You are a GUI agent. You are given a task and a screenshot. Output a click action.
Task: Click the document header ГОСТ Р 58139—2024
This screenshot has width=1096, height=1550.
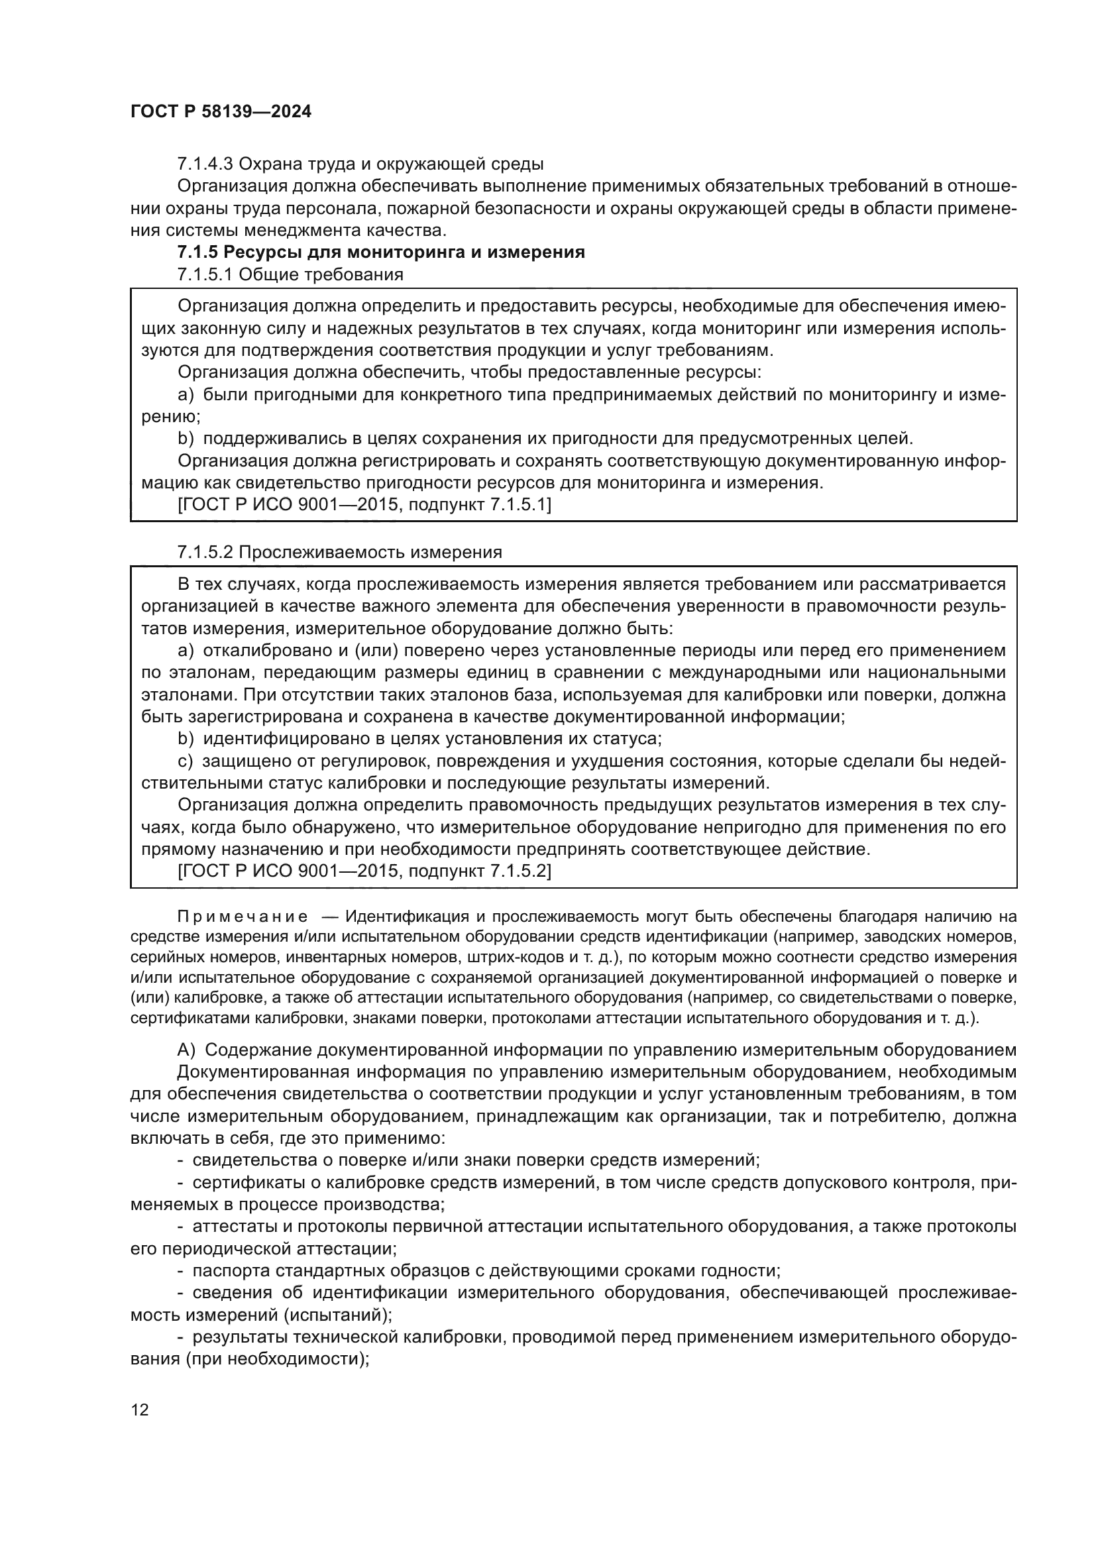[221, 112]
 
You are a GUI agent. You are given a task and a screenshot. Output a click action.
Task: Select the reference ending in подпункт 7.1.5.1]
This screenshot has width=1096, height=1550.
[364, 505]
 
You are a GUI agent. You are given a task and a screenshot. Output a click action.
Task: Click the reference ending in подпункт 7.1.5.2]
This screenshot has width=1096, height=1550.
[364, 871]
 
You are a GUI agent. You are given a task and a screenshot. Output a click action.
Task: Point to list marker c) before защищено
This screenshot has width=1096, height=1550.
[186, 761]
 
